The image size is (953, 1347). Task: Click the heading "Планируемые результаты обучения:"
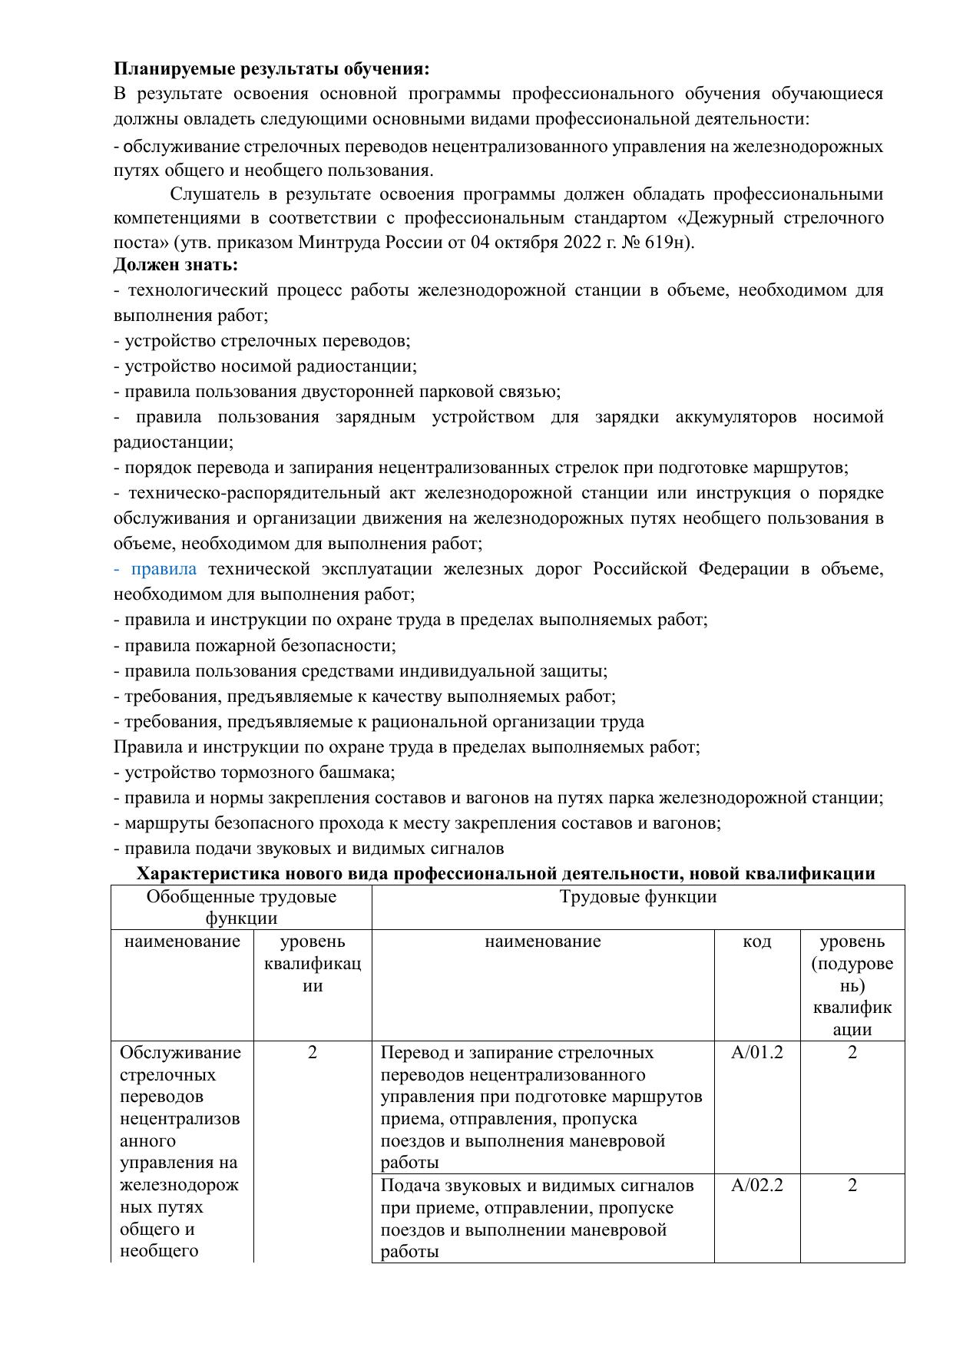coord(271,69)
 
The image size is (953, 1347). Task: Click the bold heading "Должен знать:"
coord(176,266)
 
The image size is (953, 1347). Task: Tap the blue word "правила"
coord(164,569)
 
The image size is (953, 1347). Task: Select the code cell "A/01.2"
coord(756,1052)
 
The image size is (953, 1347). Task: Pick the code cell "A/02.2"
coord(756,1185)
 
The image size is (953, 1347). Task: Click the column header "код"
coord(756,942)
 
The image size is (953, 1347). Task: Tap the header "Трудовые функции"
coord(637,897)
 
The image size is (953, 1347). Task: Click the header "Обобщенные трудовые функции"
coord(241,907)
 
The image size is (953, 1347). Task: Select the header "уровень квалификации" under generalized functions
coord(312,963)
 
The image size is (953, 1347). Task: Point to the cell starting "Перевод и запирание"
coord(541,1107)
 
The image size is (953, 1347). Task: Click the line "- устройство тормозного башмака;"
coord(253,773)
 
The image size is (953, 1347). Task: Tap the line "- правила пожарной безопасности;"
coord(254,646)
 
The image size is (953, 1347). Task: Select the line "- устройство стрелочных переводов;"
coord(261,341)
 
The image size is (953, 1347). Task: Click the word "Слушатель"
coord(209,194)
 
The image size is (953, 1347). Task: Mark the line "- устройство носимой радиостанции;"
coord(265,366)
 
